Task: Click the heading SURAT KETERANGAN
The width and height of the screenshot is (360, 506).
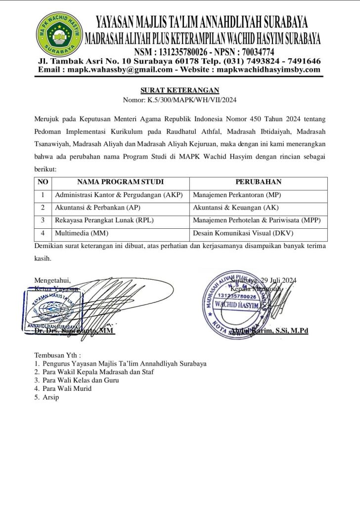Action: (180, 90)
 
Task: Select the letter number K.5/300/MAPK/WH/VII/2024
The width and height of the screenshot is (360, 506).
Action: (192, 100)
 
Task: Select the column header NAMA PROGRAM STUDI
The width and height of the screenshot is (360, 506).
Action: (120, 182)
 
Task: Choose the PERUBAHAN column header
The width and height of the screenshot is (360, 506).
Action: (259, 182)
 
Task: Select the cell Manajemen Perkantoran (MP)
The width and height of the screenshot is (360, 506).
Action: (237, 195)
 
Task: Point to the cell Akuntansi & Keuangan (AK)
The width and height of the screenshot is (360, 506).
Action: (235, 208)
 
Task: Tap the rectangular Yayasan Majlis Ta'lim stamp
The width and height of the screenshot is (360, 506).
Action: (52, 310)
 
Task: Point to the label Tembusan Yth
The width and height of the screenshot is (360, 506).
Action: (57, 355)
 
